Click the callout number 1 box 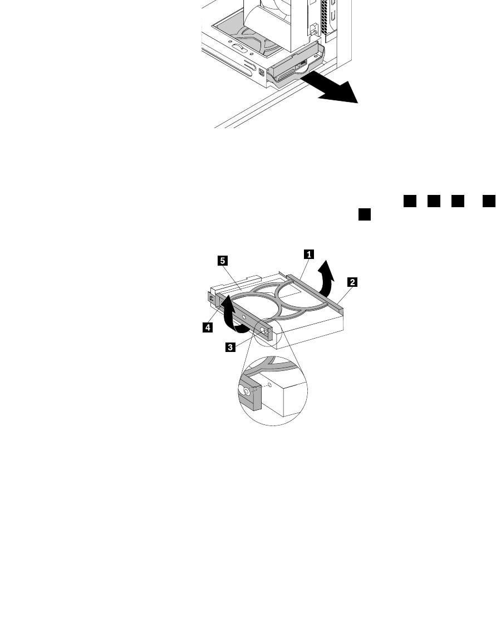pos(307,254)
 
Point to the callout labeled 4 pos(207,328)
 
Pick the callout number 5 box pos(222,260)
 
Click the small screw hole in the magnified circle pos(270,384)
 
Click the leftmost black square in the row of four pos(410,202)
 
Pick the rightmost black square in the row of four pos(489,202)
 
